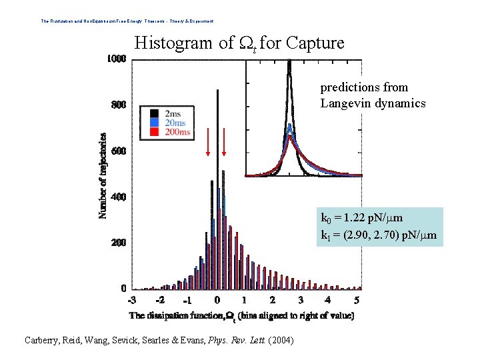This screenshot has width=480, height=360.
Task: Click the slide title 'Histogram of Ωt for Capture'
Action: [239, 44]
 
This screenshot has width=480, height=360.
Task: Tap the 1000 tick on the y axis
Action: [117, 59]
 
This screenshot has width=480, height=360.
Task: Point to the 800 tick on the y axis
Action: [119, 105]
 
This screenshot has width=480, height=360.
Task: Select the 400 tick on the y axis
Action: [119, 197]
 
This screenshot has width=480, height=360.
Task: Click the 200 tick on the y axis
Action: [119, 243]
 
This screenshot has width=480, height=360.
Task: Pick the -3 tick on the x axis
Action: [133, 301]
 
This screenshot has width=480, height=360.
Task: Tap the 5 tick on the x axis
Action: [357, 301]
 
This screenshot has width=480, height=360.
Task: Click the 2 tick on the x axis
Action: [273, 301]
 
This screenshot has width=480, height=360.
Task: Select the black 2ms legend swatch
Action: [155, 113]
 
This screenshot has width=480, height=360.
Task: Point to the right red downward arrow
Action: [224, 141]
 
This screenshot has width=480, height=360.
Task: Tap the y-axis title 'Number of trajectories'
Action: [103, 175]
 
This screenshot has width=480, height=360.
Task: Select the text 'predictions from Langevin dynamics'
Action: [373, 95]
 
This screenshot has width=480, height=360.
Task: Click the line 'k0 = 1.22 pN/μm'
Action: [361, 218]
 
